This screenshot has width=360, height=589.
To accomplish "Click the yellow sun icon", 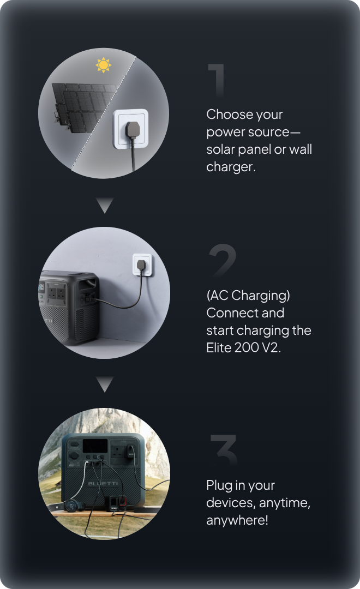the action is click(x=103, y=65).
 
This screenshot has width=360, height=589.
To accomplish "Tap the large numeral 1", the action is click(x=217, y=80).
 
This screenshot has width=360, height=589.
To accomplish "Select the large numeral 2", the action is click(x=222, y=259).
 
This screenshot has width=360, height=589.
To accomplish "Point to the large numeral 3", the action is click(x=224, y=449).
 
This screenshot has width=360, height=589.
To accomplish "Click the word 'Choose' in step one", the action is click(x=226, y=114).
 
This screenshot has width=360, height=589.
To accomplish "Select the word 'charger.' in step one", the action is click(x=231, y=167).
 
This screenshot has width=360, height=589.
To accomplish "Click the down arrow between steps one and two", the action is click(x=105, y=205).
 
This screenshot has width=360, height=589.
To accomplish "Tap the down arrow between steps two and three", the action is click(x=105, y=384).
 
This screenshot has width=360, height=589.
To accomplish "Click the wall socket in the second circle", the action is click(x=142, y=265).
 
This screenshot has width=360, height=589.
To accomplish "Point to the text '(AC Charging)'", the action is click(x=248, y=296).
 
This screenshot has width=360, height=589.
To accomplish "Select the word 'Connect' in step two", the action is click(x=230, y=313).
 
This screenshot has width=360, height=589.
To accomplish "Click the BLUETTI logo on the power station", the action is click(x=103, y=483).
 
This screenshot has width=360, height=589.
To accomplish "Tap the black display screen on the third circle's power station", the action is click(x=95, y=446).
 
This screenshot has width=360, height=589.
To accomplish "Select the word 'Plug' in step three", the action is click(x=219, y=485).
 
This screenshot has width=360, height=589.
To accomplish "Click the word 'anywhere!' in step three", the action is click(x=237, y=520).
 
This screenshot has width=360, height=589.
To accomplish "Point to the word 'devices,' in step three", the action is click(x=231, y=503).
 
